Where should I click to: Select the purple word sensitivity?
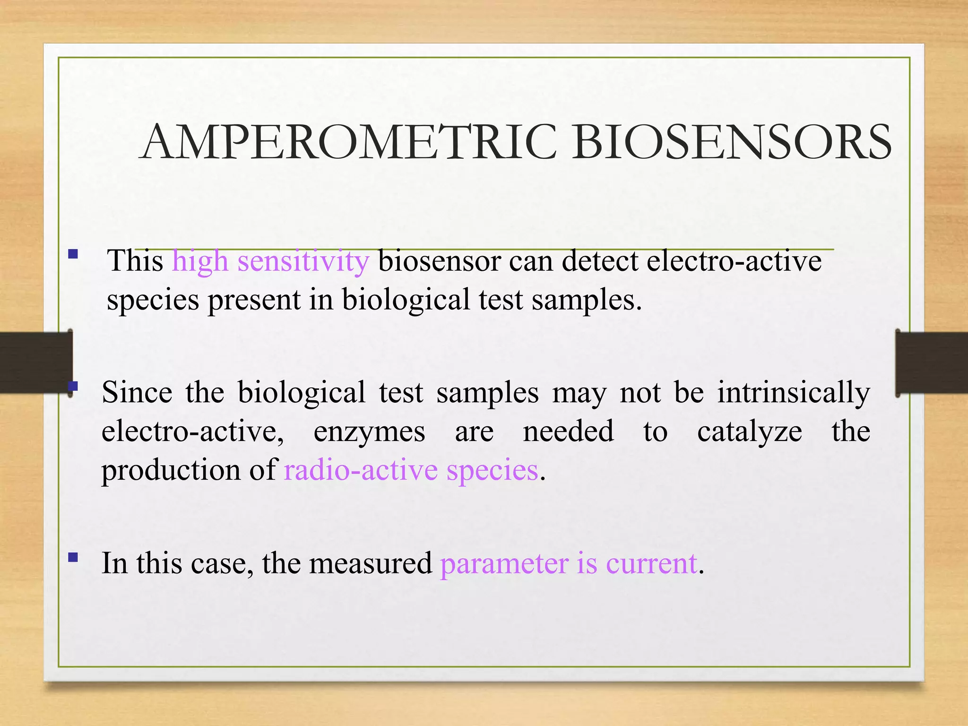tap(303, 261)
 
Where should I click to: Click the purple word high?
tap(200, 261)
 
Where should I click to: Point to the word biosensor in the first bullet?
tap(439, 261)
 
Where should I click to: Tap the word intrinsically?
tap(794, 393)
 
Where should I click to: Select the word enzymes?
tap(369, 432)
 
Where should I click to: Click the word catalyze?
tap(749, 432)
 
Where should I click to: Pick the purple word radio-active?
tap(361, 470)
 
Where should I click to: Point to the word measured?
tap(371, 563)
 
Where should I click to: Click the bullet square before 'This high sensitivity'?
tap(73, 254)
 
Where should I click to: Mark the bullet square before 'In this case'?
tap(73, 557)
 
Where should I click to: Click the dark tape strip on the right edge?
tap(931, 363)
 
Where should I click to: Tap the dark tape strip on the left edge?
tap(36, 363)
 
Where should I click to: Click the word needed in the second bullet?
tap(568, 432)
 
